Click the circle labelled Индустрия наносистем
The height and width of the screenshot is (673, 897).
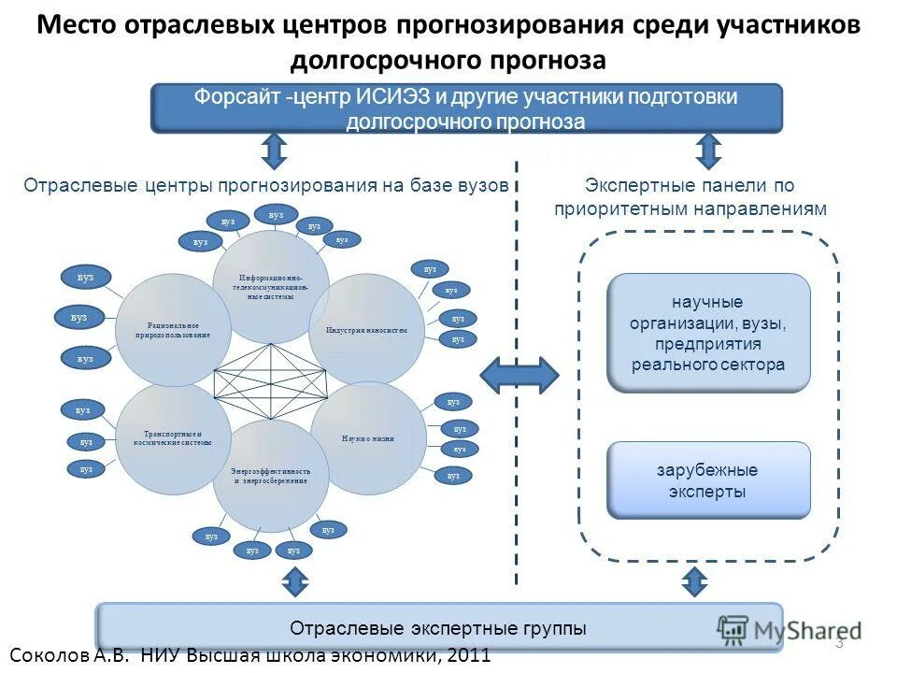366,330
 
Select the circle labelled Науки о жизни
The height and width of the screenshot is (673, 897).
368,437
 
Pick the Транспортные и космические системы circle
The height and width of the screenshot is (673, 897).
175,438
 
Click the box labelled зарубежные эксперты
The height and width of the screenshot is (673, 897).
708,480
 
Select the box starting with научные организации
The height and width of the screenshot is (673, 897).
708,333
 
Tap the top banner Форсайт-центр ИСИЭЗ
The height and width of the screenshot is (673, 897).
466,108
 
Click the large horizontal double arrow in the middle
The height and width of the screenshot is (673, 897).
520,375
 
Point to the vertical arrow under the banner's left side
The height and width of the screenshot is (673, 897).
275,150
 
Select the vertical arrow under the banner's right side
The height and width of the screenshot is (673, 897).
709,150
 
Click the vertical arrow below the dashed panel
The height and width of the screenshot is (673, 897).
693,582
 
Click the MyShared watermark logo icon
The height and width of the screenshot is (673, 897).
734,629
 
